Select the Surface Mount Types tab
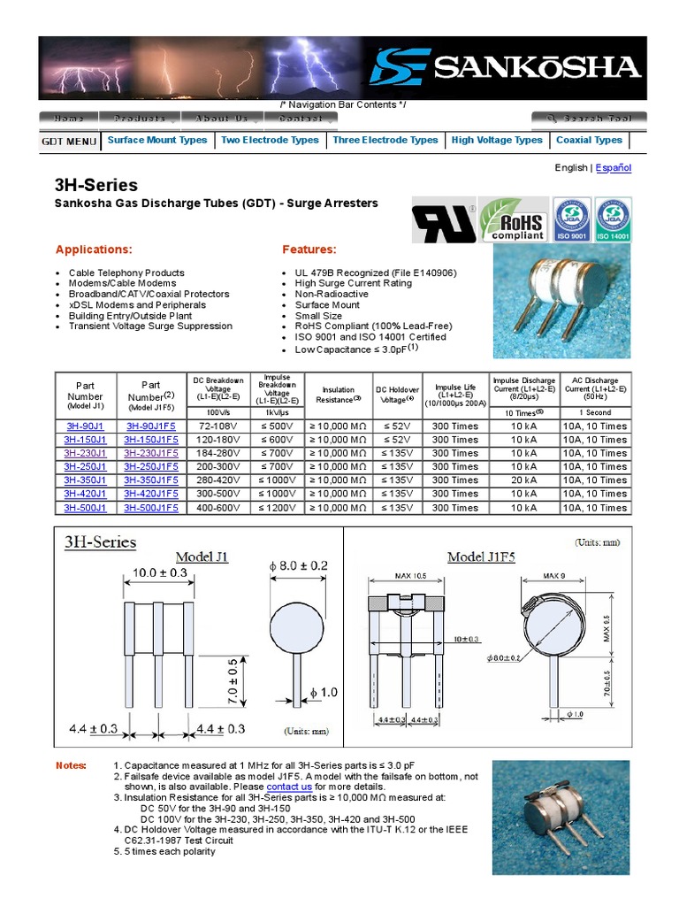(157, 140)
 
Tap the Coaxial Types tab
(589, 140)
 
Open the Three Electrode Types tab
(385, 140)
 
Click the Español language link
(614, 167)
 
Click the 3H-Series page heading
(96, 185)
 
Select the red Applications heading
(94, 250)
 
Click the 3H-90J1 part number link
(85, 426)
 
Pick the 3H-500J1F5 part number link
(151, 508)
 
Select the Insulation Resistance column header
(338, 395)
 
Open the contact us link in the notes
(289, 787)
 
